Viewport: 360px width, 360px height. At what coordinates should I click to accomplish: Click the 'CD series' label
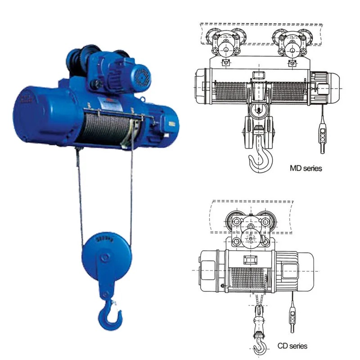tap(292, 346)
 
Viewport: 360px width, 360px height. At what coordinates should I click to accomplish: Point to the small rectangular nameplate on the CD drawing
tap(250, 260)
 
